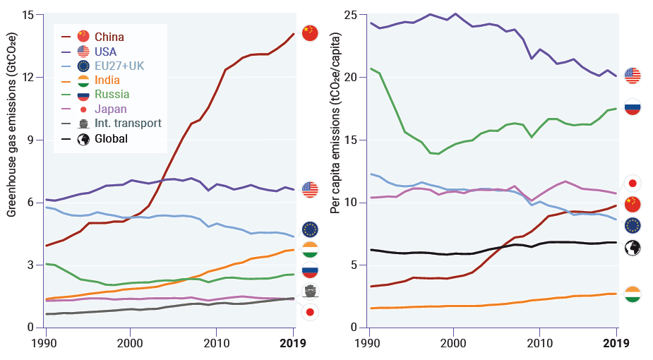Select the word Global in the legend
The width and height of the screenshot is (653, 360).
111,138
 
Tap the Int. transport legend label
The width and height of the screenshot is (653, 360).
128,124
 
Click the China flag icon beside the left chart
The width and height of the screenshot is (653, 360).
310,32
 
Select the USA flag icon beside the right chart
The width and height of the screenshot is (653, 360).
633,76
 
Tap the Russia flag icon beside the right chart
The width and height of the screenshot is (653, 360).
633,108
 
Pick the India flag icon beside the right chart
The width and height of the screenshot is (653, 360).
633,294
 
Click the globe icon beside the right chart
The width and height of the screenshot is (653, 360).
633,247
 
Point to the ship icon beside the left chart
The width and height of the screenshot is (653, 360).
310,291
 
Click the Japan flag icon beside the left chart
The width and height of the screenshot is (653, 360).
310,312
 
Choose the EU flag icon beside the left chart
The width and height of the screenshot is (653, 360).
310,229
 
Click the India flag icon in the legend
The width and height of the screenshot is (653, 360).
84,80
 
